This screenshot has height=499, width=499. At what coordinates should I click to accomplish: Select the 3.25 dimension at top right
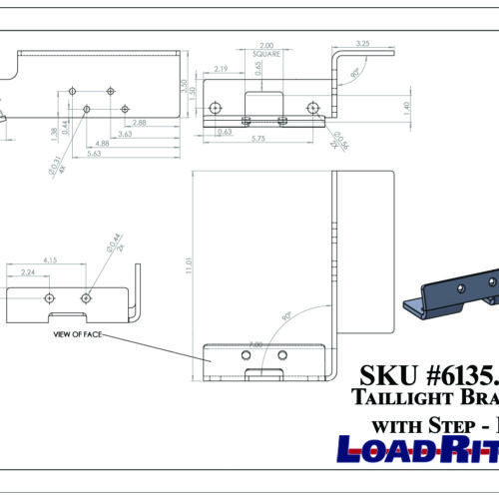pyautogui.click(x=361, y=44)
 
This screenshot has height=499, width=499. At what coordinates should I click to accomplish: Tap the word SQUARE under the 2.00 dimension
pyautogui.click(x=266, y=55)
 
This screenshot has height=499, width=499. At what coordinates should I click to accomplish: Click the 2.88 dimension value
pyautogui.click(x=139, y=122)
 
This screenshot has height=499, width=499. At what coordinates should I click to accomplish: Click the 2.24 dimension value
pyautogui.click(x=28, y=272)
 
